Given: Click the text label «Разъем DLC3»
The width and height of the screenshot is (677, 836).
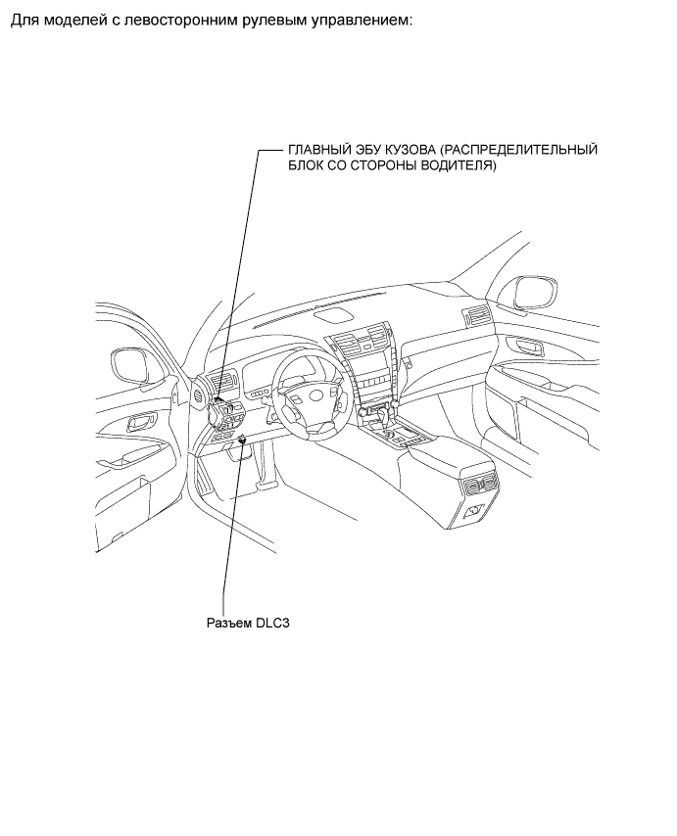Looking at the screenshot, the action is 248,623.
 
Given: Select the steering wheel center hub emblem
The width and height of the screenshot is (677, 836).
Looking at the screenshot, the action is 316,396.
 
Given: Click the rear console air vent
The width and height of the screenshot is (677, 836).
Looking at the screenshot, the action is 482,485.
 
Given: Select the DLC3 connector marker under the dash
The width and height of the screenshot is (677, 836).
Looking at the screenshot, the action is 243,440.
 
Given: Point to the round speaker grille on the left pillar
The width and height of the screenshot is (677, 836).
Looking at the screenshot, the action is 199,394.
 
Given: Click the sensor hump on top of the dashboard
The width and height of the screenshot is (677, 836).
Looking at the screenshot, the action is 334,315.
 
